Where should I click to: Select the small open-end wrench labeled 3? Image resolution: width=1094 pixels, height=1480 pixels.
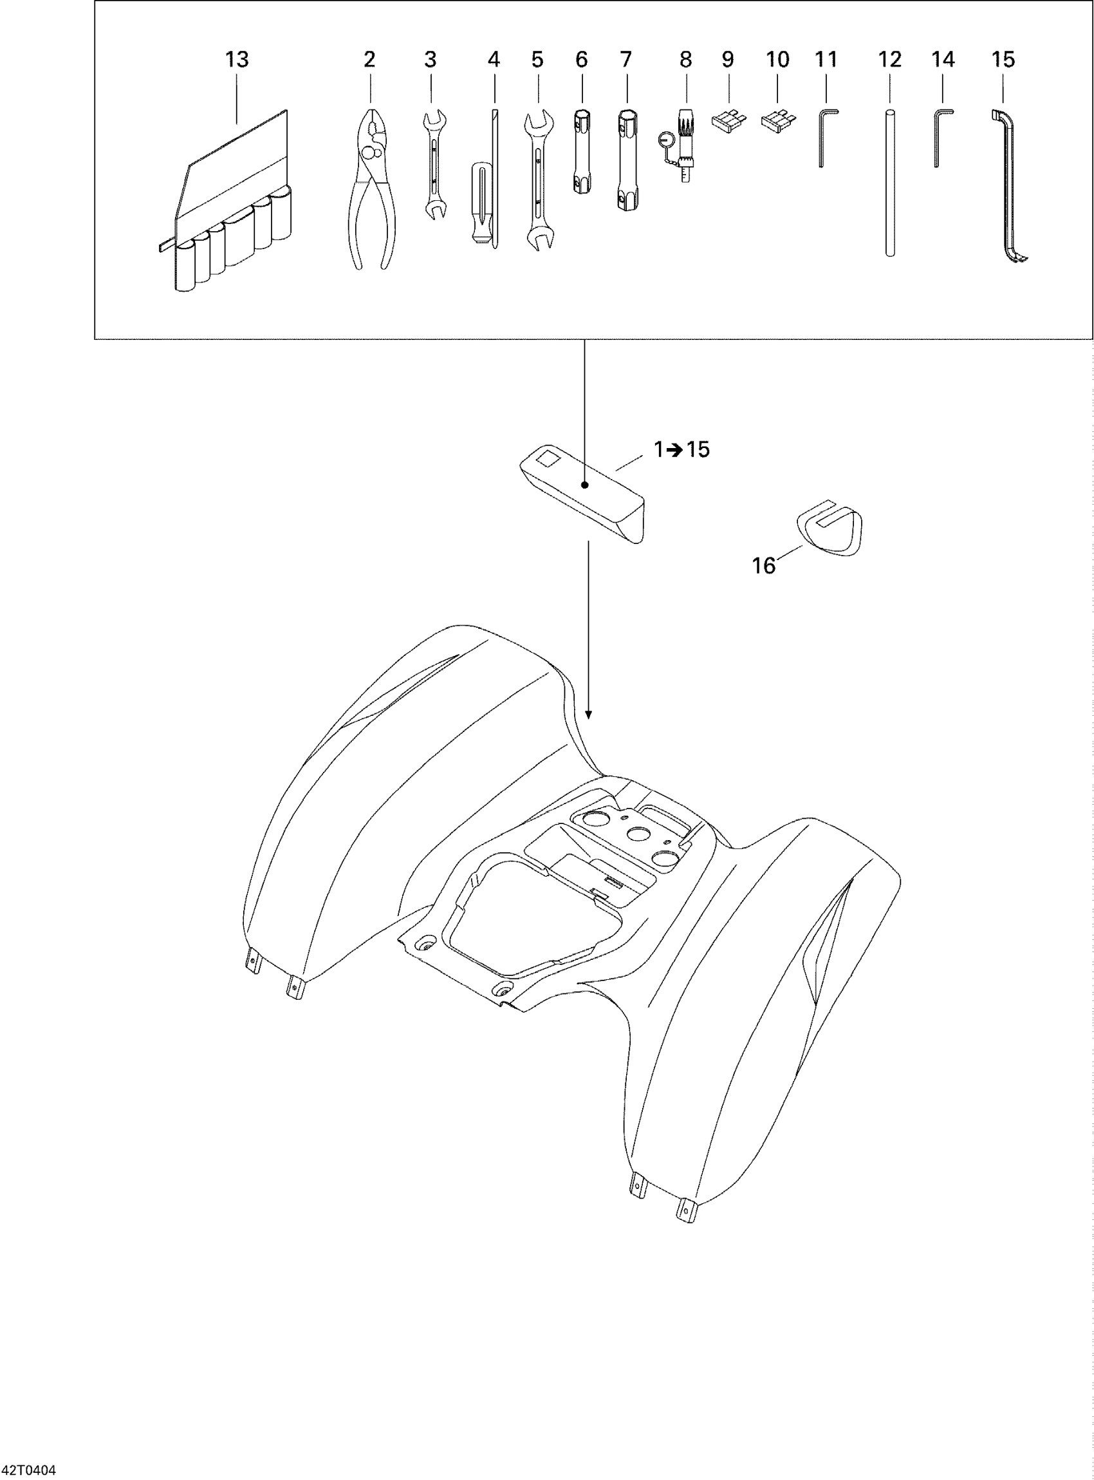pos(434,165)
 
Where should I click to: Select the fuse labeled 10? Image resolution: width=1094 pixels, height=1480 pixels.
pos(778,120)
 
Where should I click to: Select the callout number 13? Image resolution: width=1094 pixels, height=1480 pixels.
pos(236,60)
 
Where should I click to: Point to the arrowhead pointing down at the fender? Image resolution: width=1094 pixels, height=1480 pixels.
pos(589,715)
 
